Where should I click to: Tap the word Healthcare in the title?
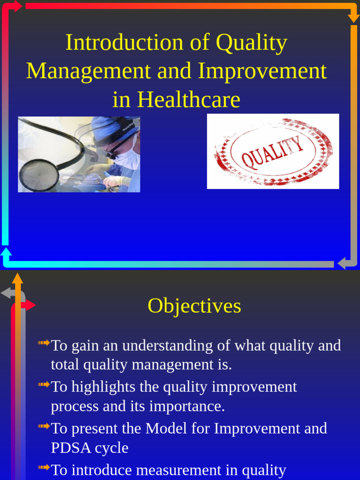(x=189, y=100)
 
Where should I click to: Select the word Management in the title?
(x=89, y=71)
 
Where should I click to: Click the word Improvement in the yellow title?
(x=262, y=71)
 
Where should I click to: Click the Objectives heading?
(x=194, y=306)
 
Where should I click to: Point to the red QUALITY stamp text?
(x=272, y=153)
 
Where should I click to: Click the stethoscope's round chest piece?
(x=39, y=175)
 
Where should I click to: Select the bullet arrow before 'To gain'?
(x=44, y=343)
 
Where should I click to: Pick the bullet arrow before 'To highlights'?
(x=44, y=385)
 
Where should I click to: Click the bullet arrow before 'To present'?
(x=44, y=426)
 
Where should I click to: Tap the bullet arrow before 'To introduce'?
(x=44, y=467)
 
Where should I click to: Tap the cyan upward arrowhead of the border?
(x=6, y=252)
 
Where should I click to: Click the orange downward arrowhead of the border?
(x=353, y=18)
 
